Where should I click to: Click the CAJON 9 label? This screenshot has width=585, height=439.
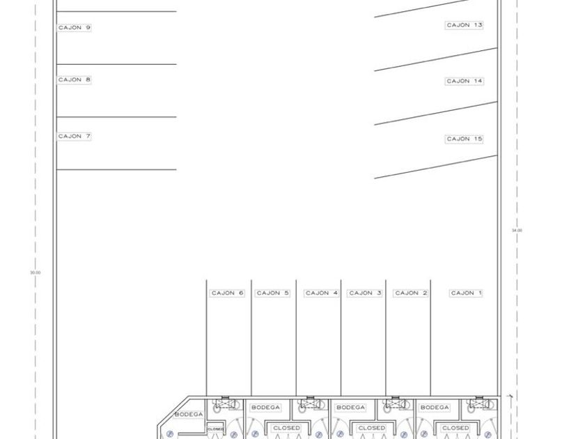pos(75,28)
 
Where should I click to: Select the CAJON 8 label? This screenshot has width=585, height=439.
pos(75,80)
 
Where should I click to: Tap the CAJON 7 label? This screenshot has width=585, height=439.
pos(75,137)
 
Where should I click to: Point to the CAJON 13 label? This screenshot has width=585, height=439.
pos(465,25)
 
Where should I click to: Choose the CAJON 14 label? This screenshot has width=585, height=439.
pos(465,82)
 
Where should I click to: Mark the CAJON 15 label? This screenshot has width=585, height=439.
pos(465,139)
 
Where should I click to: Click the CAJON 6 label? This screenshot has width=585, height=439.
pos(228,293)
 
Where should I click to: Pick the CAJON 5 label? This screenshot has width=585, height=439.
pos(273,293)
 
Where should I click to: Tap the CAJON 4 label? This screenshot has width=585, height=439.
pos(322,293)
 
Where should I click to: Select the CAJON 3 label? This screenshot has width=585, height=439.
pos(366,293)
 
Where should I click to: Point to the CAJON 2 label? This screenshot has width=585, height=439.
pos(412,293)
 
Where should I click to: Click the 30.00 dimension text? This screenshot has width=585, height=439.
pos(36,272)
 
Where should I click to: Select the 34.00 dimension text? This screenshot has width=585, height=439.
pos(517,230)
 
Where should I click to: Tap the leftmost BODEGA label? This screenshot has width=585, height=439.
pos(188,415)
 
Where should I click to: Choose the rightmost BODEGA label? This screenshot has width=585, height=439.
pos(435,408)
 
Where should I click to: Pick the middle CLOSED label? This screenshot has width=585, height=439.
pos(371,428)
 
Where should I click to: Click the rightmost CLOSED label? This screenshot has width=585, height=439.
pos(455,428)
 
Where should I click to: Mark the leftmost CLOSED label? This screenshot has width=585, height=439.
pos(286,428)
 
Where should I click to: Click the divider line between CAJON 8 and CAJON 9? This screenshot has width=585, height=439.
pos(116,65)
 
